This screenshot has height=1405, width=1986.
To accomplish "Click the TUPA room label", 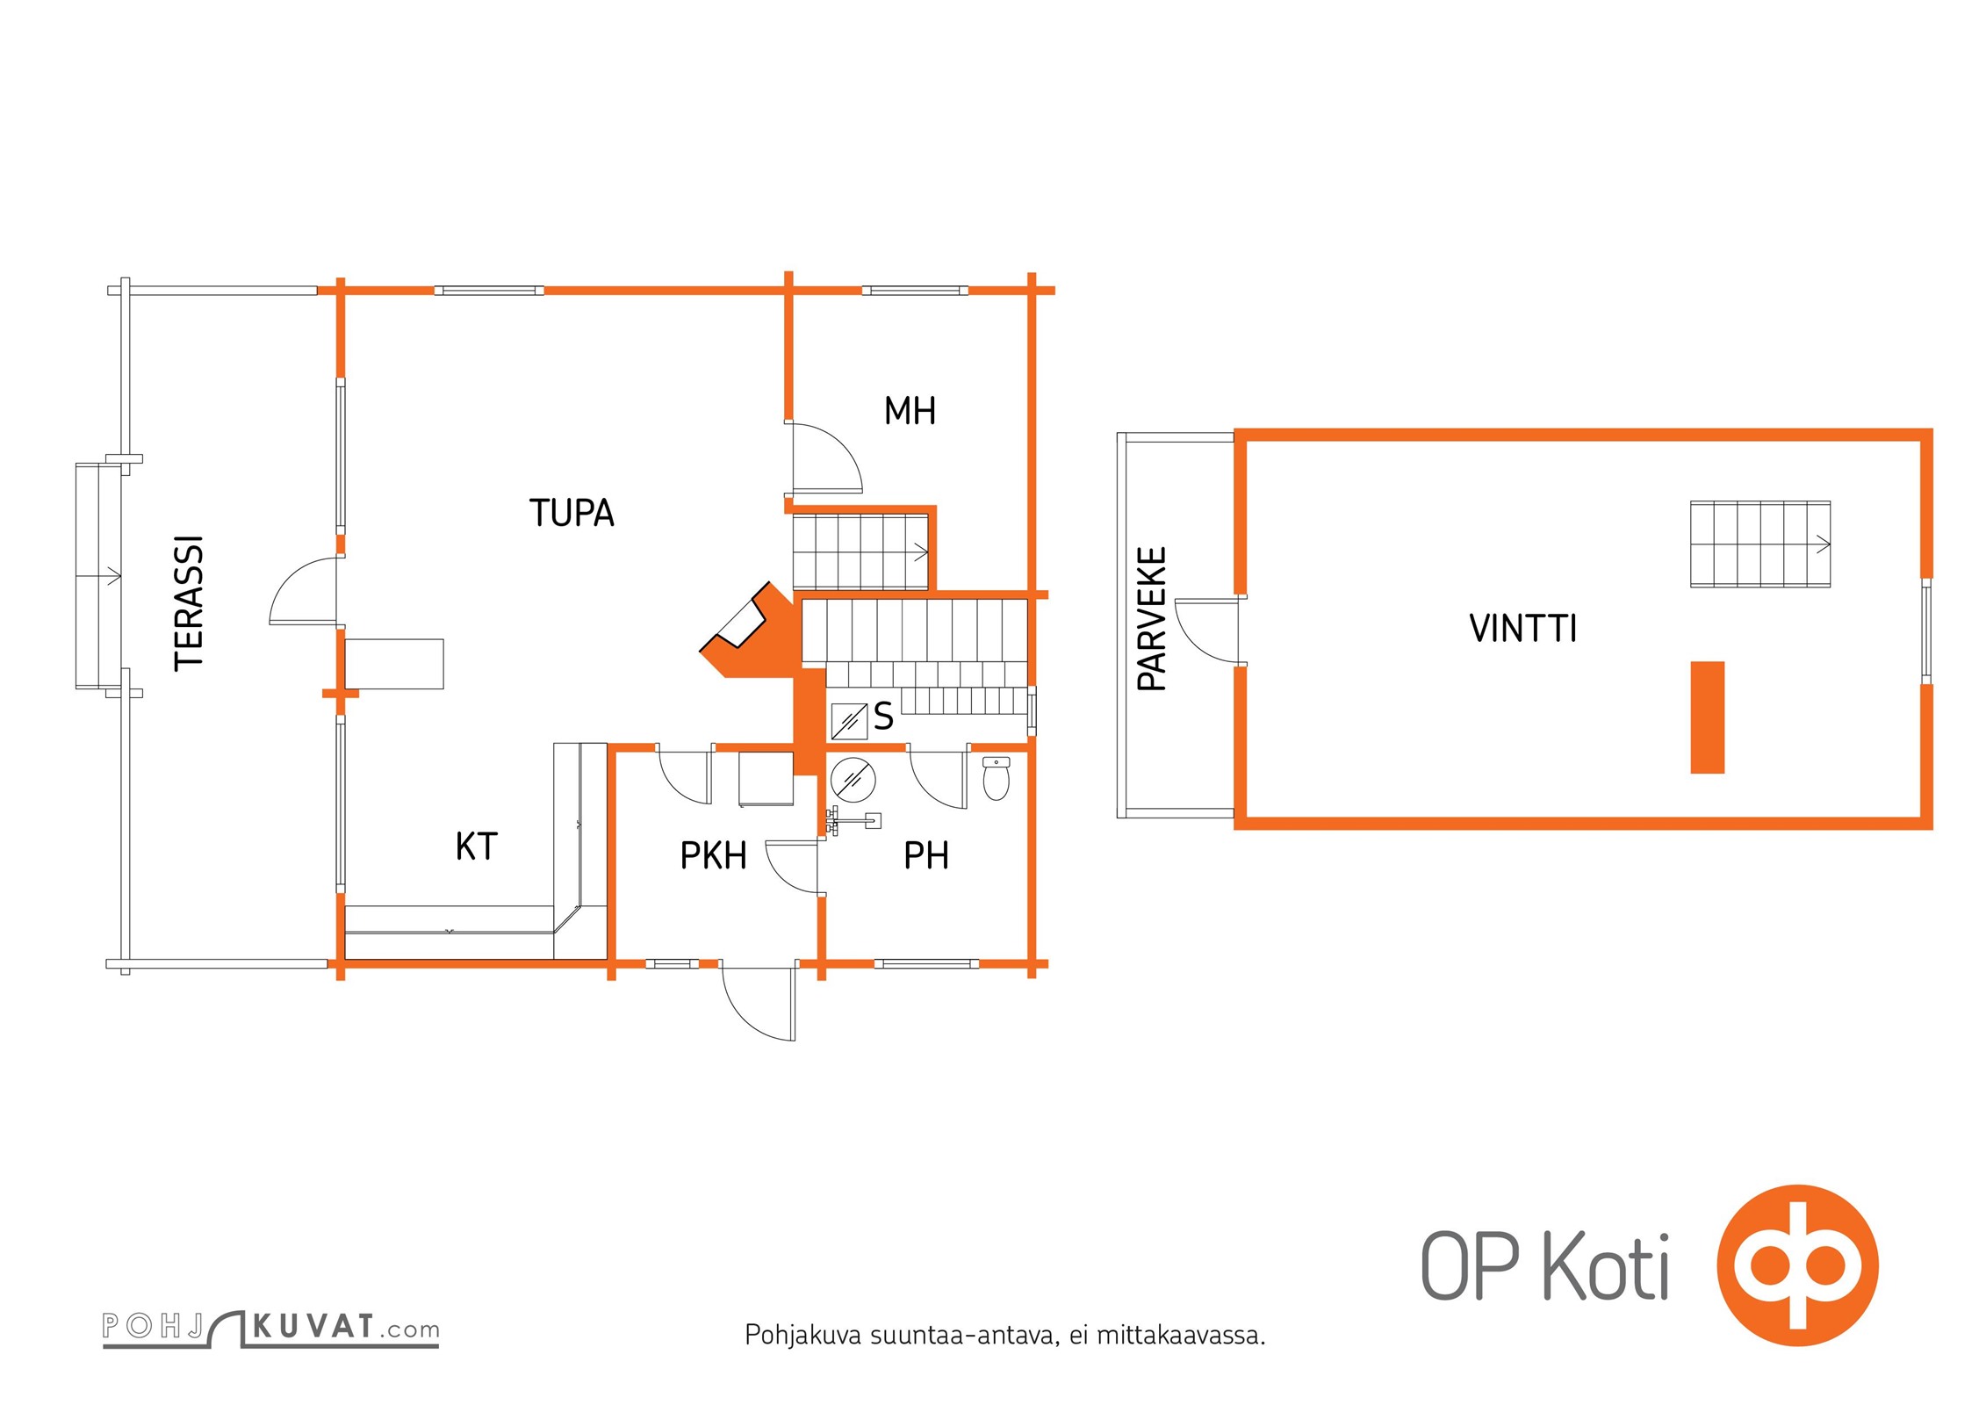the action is coord(572,513).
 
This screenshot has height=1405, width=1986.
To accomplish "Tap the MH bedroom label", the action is coord(910,411).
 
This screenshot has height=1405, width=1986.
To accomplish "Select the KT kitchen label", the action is coord(476,847).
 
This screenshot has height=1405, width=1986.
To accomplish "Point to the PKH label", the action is coord(713,855).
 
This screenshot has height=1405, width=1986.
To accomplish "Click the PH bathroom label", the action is coord(926,855).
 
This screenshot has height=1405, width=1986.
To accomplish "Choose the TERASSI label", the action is coord(190,603).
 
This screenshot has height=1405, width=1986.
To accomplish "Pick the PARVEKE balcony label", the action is coord(1152,618).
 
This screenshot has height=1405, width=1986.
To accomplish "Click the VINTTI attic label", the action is coord(1523,629).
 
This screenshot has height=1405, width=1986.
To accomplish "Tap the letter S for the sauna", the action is coord(883,717).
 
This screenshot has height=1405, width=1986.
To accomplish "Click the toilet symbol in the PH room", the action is coord(996,778).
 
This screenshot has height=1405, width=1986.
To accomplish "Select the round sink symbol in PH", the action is coord(853,778).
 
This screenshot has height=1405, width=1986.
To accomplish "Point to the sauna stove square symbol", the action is coord(849,721).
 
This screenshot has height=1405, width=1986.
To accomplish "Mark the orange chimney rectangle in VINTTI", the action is coord(1708,717).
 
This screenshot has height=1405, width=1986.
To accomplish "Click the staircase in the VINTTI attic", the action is coord(1760,544).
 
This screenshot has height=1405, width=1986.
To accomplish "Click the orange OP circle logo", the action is coord(1797,1265).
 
